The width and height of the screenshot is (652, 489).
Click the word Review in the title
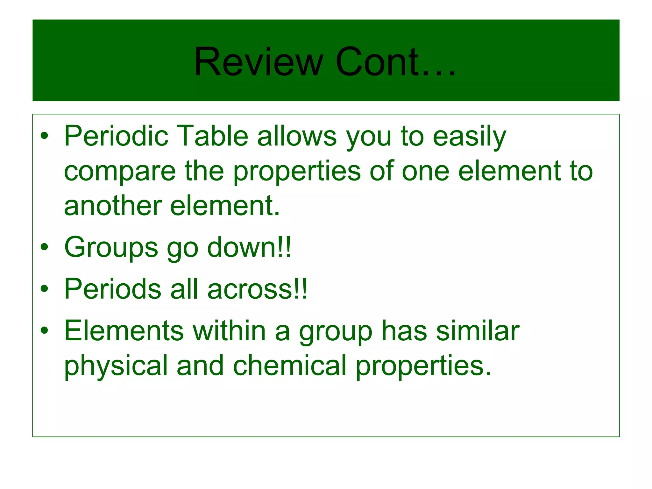click(x=259, y=62)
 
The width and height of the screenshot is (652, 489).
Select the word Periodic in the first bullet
click(x=116, y=136)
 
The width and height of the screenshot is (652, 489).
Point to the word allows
click(x=297, y=136)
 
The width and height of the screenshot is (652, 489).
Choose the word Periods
click(x=113, y=289)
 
